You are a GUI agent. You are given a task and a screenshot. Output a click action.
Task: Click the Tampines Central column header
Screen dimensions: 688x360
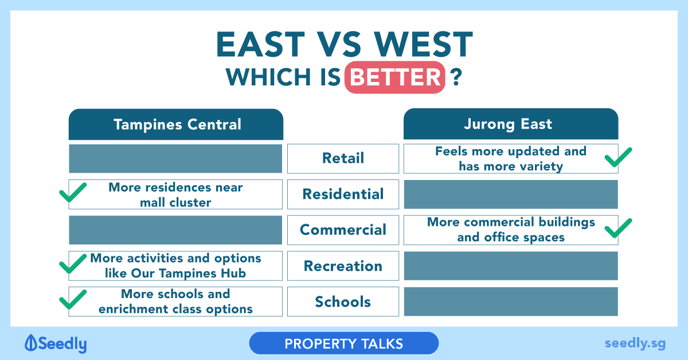[x=176, y=124]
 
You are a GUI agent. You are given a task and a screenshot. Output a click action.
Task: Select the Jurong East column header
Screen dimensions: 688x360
[x=511, y=124]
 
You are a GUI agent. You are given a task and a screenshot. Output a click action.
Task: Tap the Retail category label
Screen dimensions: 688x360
[x=343, y=158]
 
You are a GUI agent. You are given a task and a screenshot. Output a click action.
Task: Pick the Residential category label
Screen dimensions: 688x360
[x=343, y=194]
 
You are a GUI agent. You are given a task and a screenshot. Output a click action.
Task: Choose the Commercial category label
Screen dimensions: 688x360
[x=343, y=230]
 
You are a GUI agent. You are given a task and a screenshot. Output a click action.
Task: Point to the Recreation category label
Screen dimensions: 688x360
[x=343, y=266]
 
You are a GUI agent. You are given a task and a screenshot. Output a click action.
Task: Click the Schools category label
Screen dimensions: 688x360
[x=343, y=302]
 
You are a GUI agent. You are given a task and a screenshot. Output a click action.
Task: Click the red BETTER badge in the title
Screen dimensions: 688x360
[x=395, y=77]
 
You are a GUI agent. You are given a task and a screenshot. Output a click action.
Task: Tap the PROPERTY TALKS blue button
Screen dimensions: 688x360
[x=343, y=343]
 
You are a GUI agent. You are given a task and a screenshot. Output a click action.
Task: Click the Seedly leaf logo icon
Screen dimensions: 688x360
[x=31, y=343]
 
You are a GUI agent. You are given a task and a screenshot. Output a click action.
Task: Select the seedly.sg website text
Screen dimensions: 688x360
[x=635, y=343]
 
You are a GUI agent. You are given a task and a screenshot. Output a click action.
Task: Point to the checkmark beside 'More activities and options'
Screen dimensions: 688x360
[x=73, y=264]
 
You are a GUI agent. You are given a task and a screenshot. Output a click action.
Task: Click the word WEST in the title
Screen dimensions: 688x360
[x=423, y=45]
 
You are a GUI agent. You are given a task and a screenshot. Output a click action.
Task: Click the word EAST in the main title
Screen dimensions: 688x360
[x=261, y=45]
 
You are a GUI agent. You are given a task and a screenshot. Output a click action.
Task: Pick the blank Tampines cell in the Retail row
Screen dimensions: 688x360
[x=175, y=158]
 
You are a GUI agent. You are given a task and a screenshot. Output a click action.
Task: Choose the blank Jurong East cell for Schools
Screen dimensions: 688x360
[x=511, y=302]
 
